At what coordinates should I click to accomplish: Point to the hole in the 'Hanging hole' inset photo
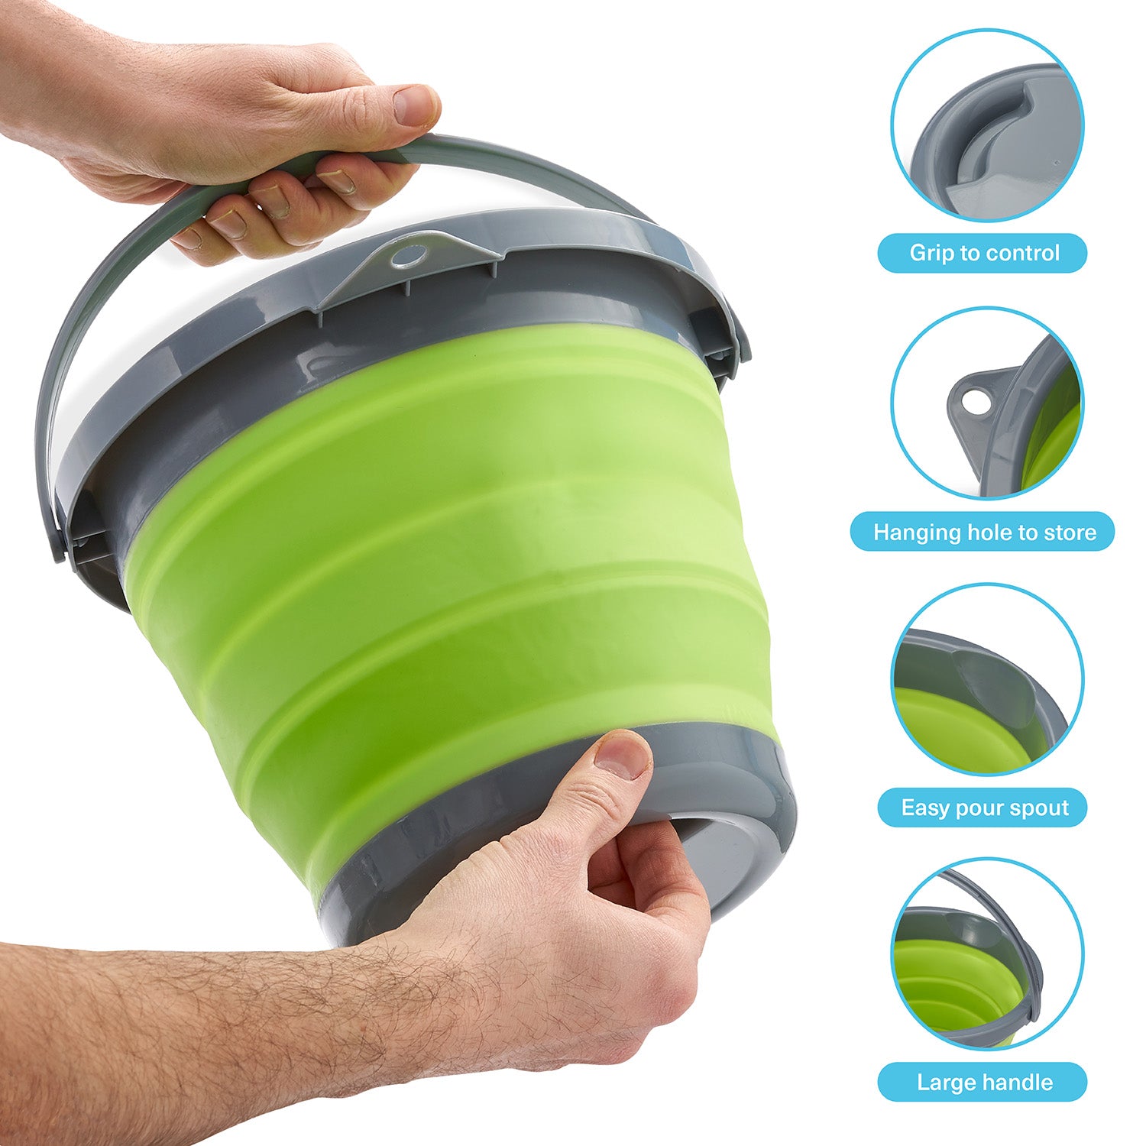973,400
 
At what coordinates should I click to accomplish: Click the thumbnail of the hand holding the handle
416,105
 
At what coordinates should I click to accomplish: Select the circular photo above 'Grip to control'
986,125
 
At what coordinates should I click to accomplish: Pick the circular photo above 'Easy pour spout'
986,680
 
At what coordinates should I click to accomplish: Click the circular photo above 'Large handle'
986,954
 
